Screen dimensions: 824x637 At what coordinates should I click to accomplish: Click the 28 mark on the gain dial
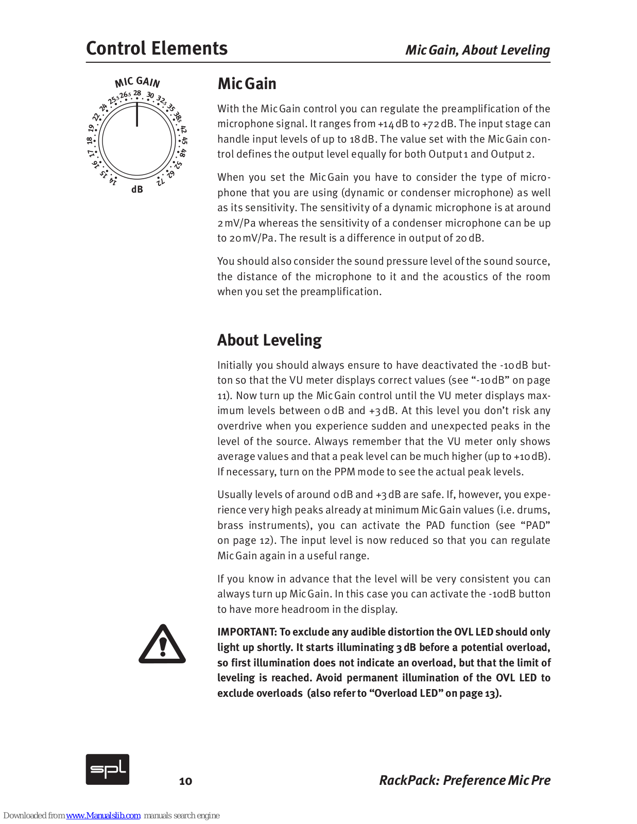[x=137, y=94]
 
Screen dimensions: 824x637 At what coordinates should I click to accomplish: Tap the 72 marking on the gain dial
[x=161, y=181]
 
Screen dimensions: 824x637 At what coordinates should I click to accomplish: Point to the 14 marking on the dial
[x=113, y=181]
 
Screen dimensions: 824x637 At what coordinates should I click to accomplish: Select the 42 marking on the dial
[x=183, y=129]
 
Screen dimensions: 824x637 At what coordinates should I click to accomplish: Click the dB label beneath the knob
[x=137, y=190]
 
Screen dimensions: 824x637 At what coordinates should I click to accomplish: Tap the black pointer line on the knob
[x=137, y=114]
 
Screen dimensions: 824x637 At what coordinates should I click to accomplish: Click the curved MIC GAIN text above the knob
[x=137, y=82]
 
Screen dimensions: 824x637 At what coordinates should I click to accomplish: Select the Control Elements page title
[x=157, y=48]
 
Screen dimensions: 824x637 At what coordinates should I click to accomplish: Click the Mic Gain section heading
[x=247, y=83]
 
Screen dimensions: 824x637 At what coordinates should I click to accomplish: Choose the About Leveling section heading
[x=269, y=340]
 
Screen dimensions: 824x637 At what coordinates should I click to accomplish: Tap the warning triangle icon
[x=162, y=644]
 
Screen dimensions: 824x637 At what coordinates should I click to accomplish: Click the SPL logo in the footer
[x=107, y=769]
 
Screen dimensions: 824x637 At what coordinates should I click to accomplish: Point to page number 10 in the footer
[x=185, y=781]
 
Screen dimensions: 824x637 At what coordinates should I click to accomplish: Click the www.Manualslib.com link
[x=103, y=815]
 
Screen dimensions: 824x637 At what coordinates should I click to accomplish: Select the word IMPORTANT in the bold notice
[x=247, y=632]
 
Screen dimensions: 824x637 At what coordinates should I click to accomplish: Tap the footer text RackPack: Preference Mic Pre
[x=464, y=780]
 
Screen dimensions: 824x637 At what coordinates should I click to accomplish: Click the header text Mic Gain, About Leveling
[x=477, y=50]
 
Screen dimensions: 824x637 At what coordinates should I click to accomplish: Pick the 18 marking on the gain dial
[x=90, y=140]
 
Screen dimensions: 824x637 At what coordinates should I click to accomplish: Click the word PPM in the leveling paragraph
[x=345, y=472]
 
